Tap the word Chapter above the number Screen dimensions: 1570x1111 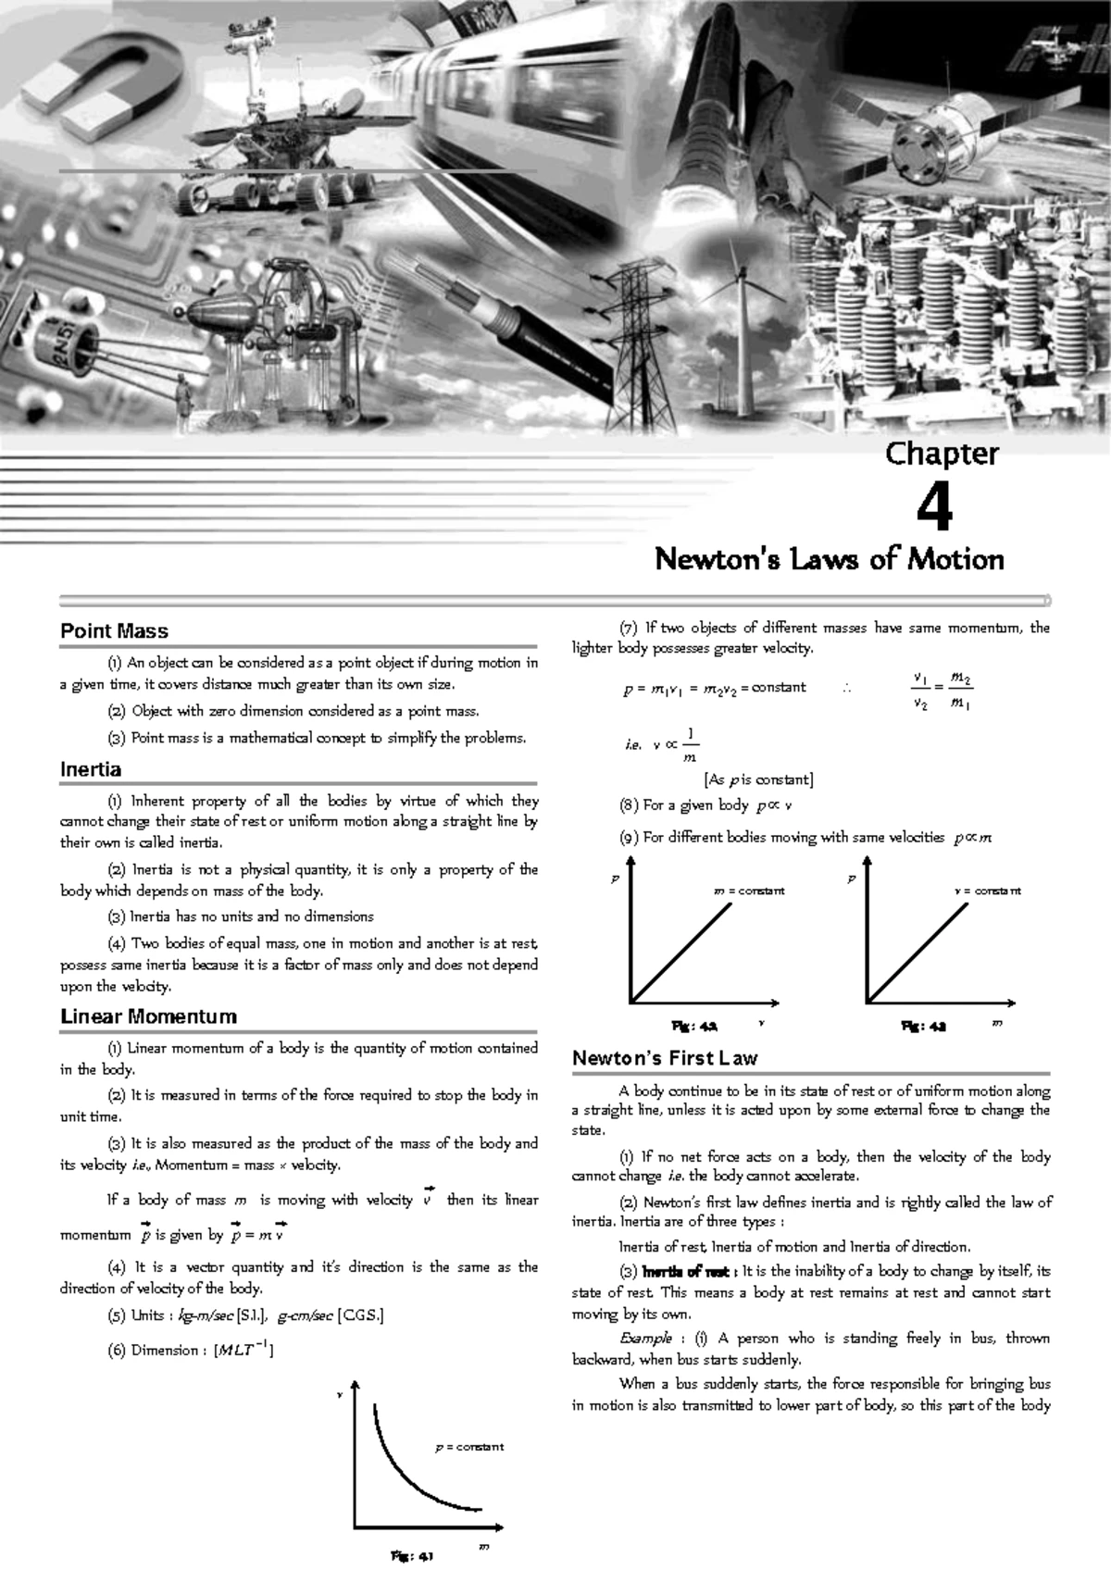pyautogui.click(x=942, y=454)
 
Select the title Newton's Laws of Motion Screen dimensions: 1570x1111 pyautogui.click(x=829, y=559)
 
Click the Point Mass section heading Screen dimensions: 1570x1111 pyautogui.click(x=114, y=631)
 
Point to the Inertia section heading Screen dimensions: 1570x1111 pyautogui.click(x=91, y=769)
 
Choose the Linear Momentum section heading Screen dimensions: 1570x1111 pyautogui.click(x=148, y=1016)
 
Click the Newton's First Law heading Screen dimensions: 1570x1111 pyautogui.click(x=665, y=1058)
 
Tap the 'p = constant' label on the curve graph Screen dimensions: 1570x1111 pyautogui.click(x=469, y=1446)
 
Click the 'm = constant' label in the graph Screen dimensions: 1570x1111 pyautogui.click(x=749, y=891)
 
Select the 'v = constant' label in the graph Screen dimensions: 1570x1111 pyautogui.click(x=987, y=891)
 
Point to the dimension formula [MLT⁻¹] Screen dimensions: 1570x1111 pyautogui.click(x=243, y=1350)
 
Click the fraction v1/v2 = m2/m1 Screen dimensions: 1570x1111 pyautogui.click(x=942, y=692)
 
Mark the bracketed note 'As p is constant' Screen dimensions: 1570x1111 pyautogui.click(x=758, y=779)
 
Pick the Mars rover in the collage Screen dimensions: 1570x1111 pyautogui.click(x=259, y=130)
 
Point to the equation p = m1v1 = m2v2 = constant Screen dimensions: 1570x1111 pyautogui.click(x=714, y=688)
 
